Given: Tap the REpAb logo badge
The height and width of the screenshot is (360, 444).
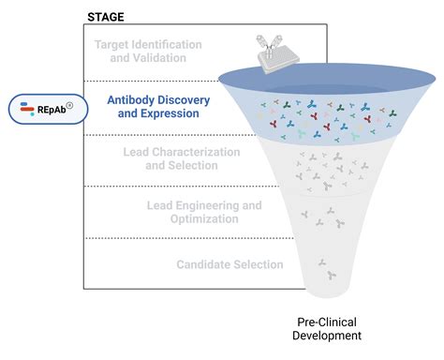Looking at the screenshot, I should pyautogui.click(x=45, y=108).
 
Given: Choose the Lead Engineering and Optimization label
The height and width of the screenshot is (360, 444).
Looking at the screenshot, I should pyautogui.click(x=204, y=211).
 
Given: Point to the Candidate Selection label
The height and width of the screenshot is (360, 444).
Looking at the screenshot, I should pyautogui.click(x=229, y=264).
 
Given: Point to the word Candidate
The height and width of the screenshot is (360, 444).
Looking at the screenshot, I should pyautogui.click(x=203, y=264).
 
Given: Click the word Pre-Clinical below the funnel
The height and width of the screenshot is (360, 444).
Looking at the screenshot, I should pyautogui.click(x=320, y=320).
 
